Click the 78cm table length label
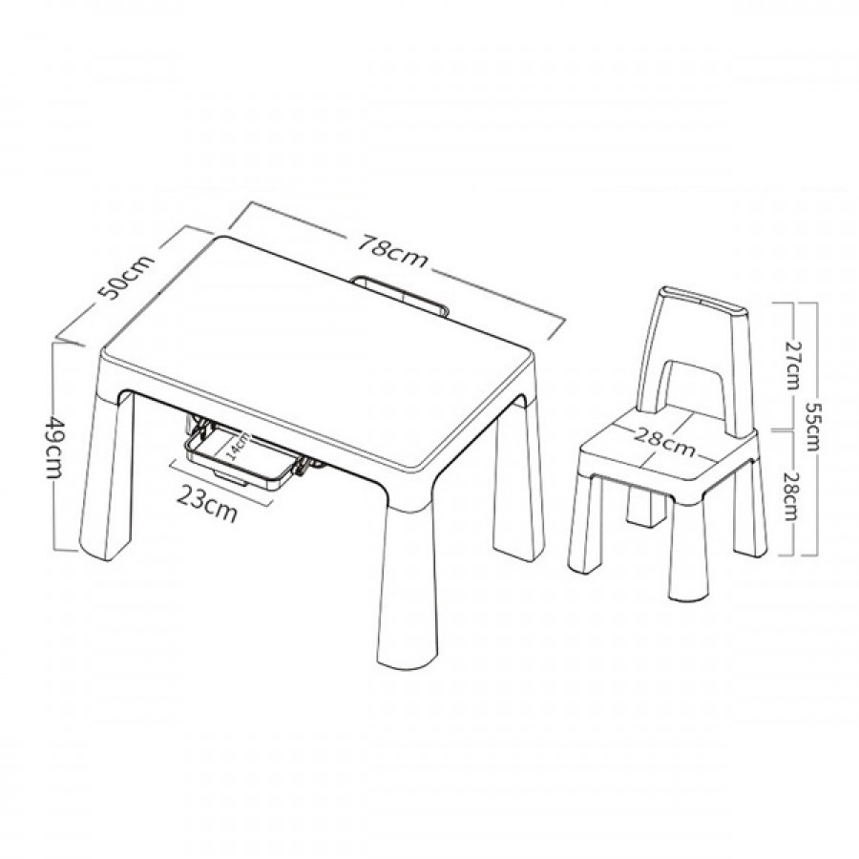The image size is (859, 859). pos(392,252)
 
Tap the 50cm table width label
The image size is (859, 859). pos(127,277)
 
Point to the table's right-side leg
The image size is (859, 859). pos(519,481)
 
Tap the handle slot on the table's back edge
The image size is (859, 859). pos(402,295)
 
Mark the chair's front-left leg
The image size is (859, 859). pos(584,524)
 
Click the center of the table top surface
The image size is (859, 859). pos(318,350)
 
